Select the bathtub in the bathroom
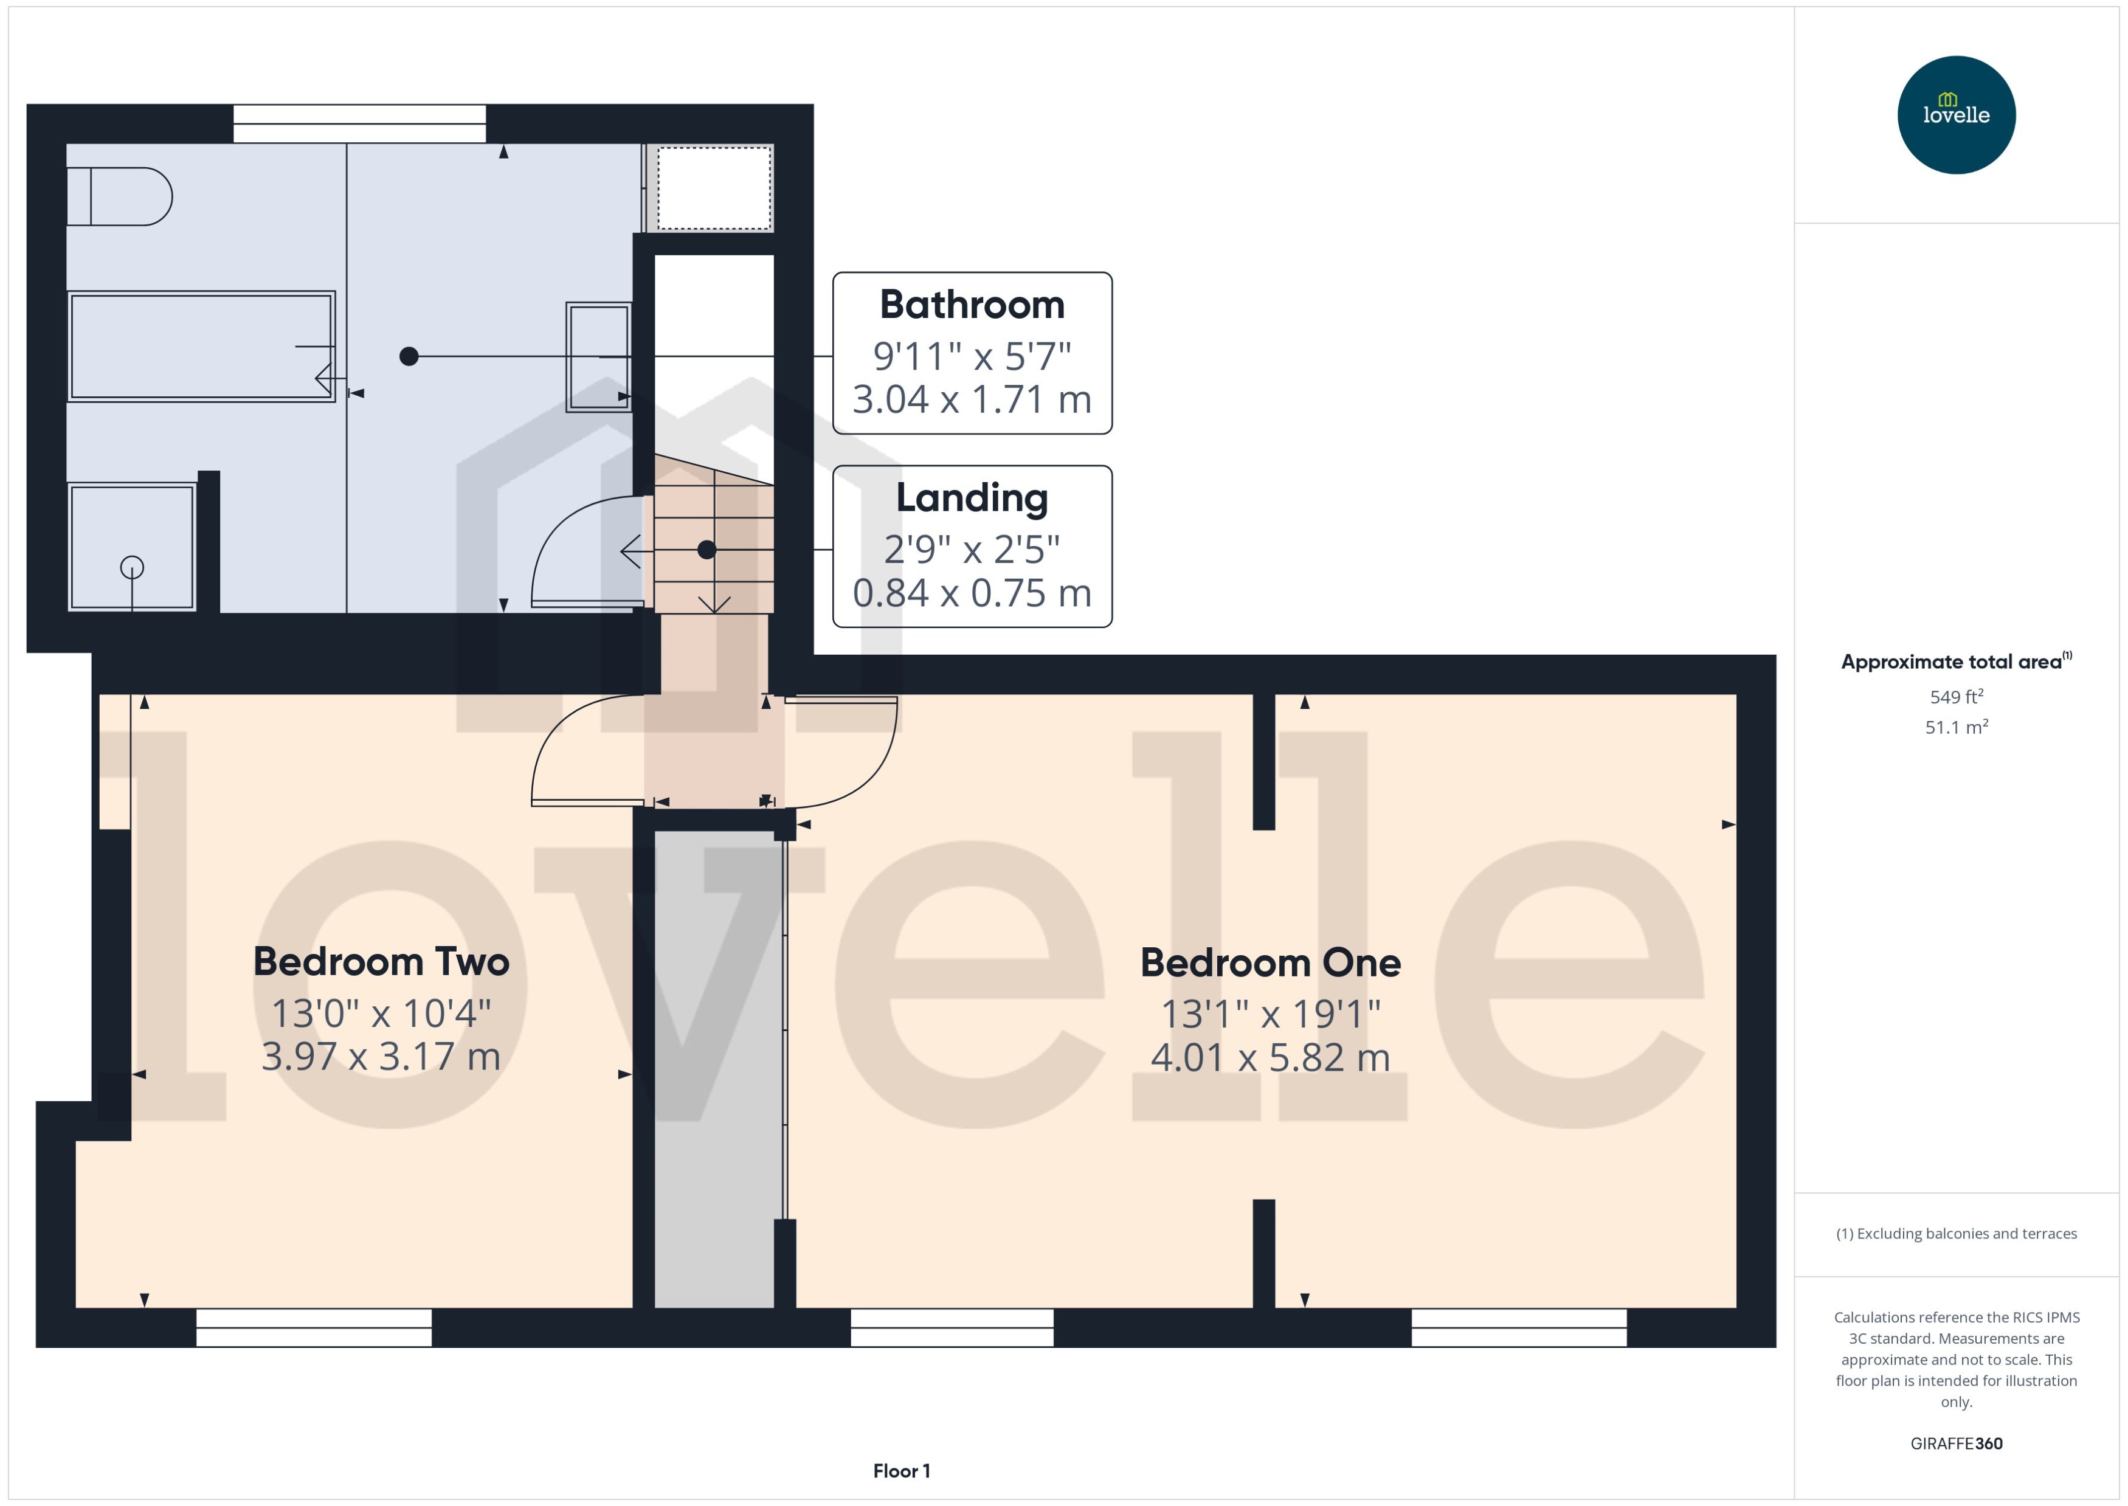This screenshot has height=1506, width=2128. point(201,346)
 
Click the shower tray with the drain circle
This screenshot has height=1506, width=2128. point(132,547)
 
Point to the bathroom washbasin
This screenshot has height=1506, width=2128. point(599,357)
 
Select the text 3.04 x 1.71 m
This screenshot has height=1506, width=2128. point(971,399)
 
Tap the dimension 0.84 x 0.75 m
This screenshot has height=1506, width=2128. point(971,593)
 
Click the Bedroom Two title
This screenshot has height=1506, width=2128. point(381,962)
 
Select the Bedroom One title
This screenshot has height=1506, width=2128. point(1270,962)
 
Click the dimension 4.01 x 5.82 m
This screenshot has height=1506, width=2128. point(1270,1058)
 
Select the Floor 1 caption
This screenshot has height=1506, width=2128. point(900,1471)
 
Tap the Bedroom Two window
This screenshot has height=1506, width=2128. point(313,1327)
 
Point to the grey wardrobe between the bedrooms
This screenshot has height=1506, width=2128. point(714,1066)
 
